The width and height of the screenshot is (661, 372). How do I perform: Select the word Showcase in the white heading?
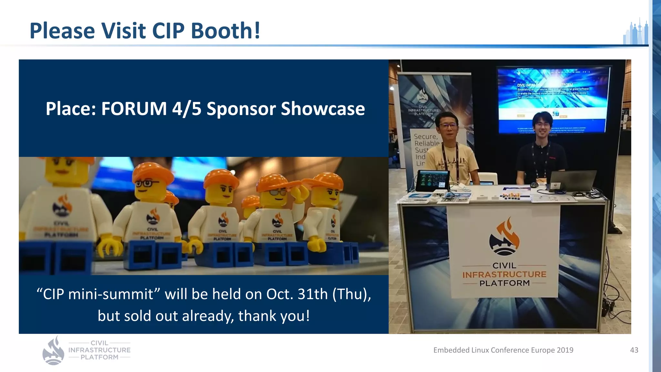click(323, 108)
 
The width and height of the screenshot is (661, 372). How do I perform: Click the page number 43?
click(634, 350)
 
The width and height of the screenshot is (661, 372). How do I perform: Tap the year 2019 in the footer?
click(565, 350)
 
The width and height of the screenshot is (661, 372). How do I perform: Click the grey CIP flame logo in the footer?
click(54, 351)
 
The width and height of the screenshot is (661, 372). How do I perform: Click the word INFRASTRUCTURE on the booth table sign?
click(504, 274)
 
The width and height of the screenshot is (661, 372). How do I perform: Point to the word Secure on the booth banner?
click(425, 136)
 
